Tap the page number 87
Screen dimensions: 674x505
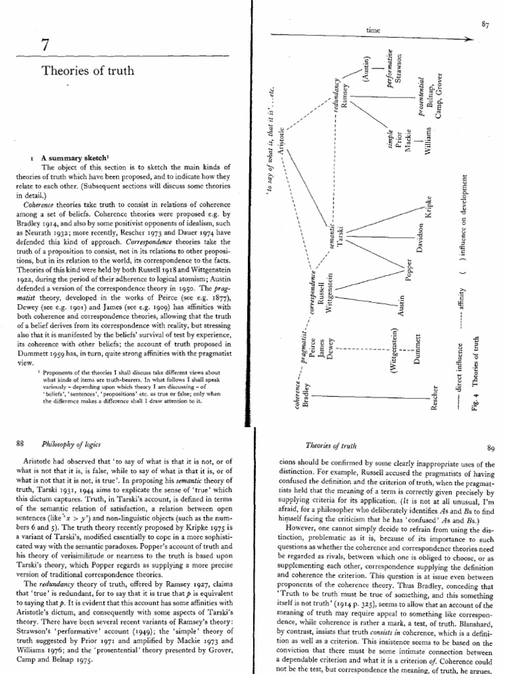coord(486,24)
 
